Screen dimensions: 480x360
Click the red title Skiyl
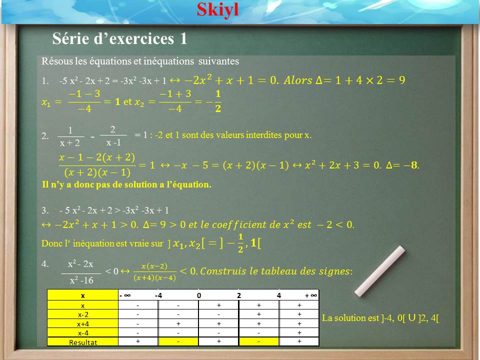pos(217,10)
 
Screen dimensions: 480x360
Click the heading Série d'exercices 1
pos(119,38)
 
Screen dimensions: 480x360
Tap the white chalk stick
pos(380,271)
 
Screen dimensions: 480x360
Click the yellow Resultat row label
pos(83,342)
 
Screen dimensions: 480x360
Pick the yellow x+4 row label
pos(83,324)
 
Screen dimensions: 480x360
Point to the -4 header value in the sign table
pos(158,295)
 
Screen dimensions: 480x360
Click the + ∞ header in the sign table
pos(310,295)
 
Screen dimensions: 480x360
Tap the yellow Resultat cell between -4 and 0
pos(178,341)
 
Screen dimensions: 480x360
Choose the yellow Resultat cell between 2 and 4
pos(259,341)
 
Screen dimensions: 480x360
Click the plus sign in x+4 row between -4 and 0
pos(178,323)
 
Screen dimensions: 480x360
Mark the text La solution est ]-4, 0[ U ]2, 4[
pos(380,318)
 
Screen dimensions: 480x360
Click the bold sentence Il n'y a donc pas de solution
pos(126,184)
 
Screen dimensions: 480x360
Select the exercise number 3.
pos(44,210)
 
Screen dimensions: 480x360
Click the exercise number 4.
pos(44,264)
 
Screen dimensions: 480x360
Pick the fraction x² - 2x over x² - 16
pos(81,272)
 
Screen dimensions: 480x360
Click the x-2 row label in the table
pos(83,314)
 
